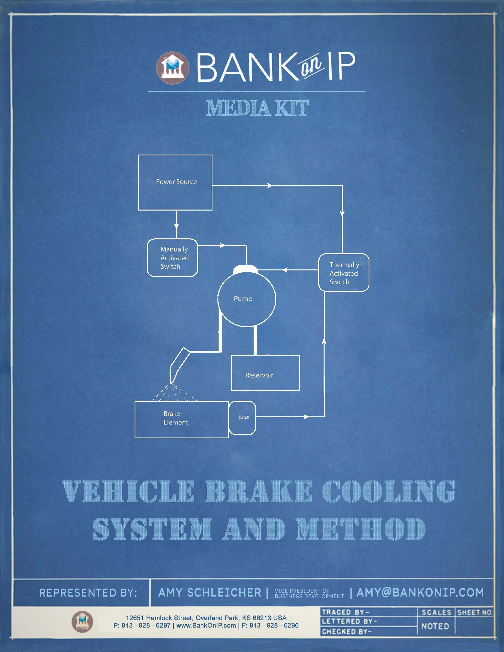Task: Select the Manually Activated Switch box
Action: click(173, 258)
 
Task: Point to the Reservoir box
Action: click(265, 373)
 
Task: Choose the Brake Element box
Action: click(181, 419)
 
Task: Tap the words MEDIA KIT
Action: click(257, 108)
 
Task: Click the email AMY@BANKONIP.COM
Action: click(420, 592)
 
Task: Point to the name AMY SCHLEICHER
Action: click(210, 593)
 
